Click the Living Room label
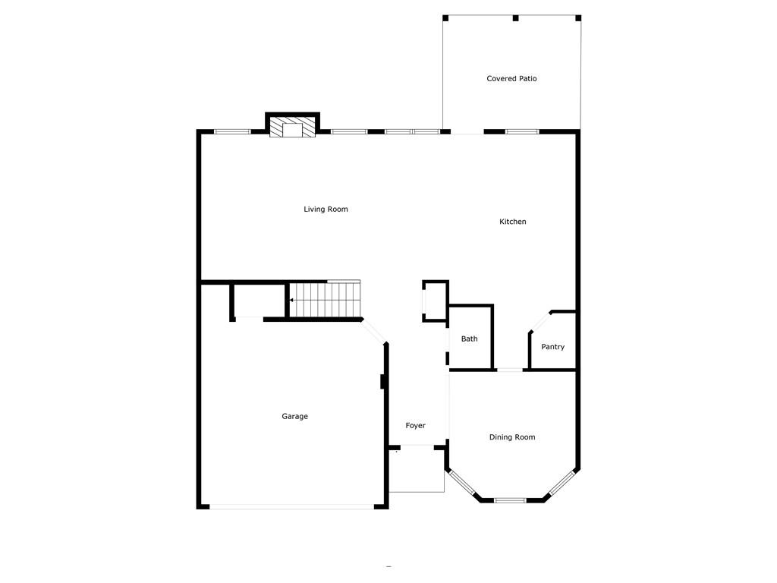point(326,210)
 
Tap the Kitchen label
point(512,222)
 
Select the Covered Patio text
point(511,78)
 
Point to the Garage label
point(295,417)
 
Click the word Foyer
point(415,425)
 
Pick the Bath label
point(469,339)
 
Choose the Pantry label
point(552,347)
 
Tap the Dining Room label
point(512,437)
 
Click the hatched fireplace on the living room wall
point(292,127)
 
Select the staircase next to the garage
point(325,299)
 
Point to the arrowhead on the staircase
point(291,300)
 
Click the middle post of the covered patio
point(515,18)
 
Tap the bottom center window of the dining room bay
point(511,500)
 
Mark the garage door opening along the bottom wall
point(292,506)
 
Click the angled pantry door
point(540,322)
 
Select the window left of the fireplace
point(232,132)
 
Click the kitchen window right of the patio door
point(522,132)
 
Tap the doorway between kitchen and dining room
point(510,370)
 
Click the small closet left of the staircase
point(259,301)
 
